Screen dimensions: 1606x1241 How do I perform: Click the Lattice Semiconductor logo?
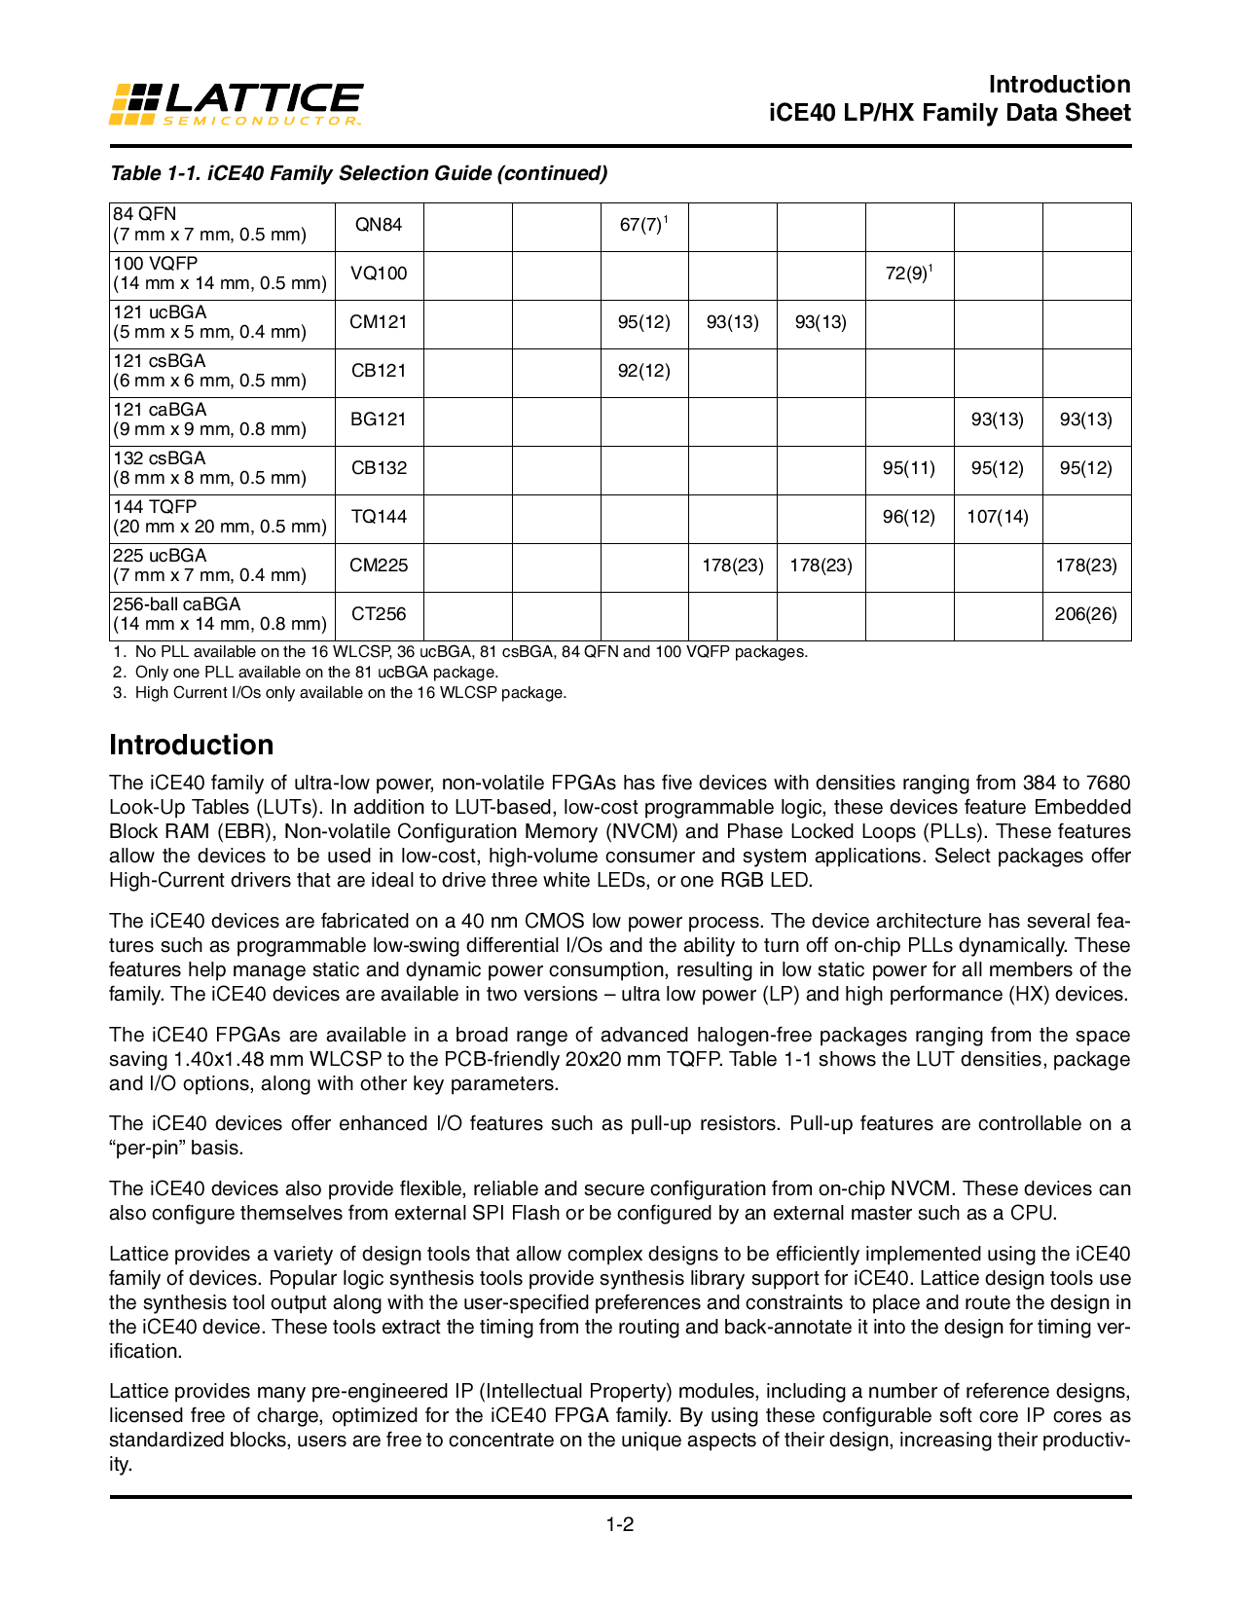click(x=236, y=103)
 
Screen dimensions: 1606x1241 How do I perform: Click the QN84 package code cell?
click(x=379, y=225)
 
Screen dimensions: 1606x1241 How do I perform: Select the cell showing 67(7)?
click(x=642, y=225)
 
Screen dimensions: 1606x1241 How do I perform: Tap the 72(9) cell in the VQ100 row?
click(x=907, y=274)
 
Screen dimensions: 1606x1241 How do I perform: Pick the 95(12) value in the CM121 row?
click(x=643, y=322)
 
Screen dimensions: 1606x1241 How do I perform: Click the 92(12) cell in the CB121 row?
click(x=643, y=371)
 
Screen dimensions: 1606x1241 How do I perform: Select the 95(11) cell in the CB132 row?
click(x=908, y=468)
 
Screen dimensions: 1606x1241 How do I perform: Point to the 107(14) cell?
click(x=997, y=517)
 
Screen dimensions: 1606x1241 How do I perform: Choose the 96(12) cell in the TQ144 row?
click(x=908, y=517)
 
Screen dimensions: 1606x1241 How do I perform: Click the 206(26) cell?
click(x=1085, y=614)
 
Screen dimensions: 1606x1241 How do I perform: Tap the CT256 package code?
click(x=379, y=614)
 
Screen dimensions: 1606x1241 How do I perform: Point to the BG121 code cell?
click(x=379, y=420)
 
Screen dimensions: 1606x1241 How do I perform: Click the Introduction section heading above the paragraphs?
click(x=191, y=745)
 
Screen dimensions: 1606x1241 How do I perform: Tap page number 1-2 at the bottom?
click(x=620, y=1524)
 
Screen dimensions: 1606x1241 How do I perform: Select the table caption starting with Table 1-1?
click(x=358, y=173)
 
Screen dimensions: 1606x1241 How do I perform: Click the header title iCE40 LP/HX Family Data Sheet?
click(x=949, y=113)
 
